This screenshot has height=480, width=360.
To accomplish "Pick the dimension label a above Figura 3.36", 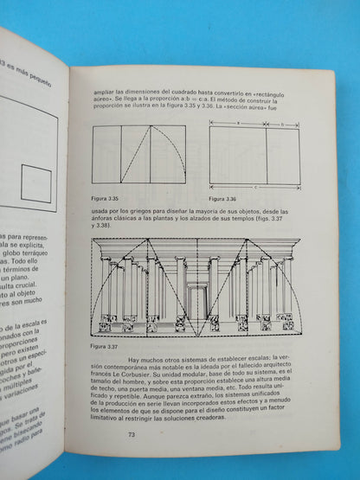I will coord(239,122).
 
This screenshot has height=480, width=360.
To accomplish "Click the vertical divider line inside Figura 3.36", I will coord(267,156).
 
